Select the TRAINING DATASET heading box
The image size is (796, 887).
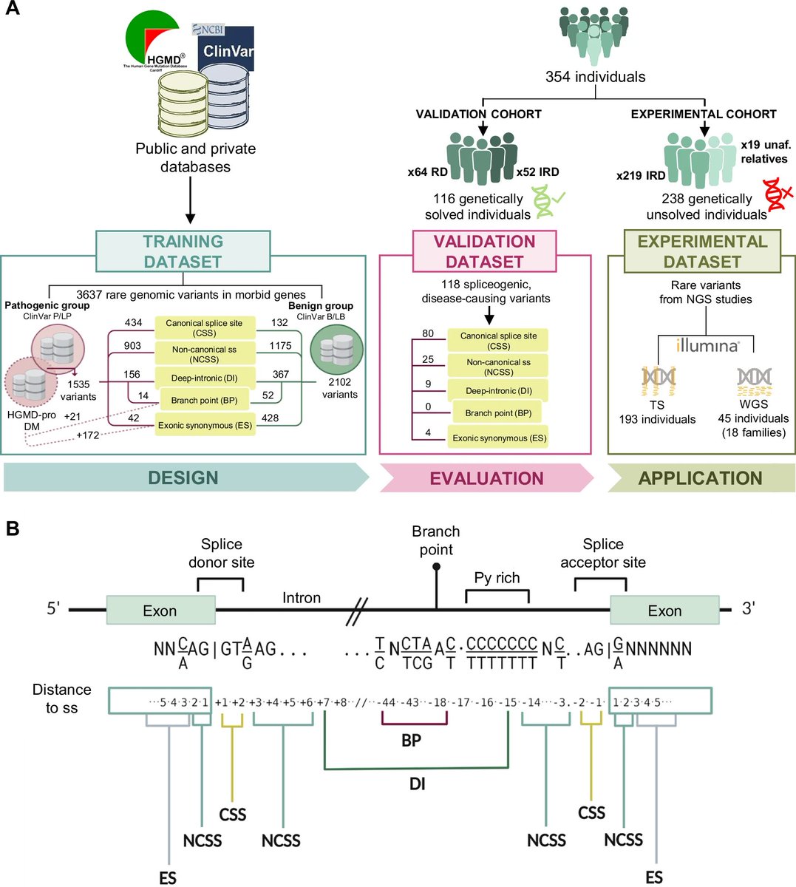click(183, 251)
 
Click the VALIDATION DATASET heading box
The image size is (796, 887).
click(484, 251)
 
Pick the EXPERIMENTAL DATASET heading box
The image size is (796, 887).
click(701, 251)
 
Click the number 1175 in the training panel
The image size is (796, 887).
click(280, 345)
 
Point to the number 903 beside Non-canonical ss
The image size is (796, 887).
click(133, 345)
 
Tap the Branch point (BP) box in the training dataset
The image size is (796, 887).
click(204, 400)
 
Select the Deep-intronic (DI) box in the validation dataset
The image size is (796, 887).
click(498, 391)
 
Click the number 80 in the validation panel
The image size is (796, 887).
click(428, 333)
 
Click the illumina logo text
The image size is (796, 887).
click(707, 345)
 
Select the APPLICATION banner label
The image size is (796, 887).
click(700, 478)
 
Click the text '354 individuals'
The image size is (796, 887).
click(595, 77)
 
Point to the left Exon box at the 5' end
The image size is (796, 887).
click(160, 611)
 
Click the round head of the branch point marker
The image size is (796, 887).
click(436, 566)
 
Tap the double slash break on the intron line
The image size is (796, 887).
click(358, 611)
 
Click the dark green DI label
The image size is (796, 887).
click(418, 784)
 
